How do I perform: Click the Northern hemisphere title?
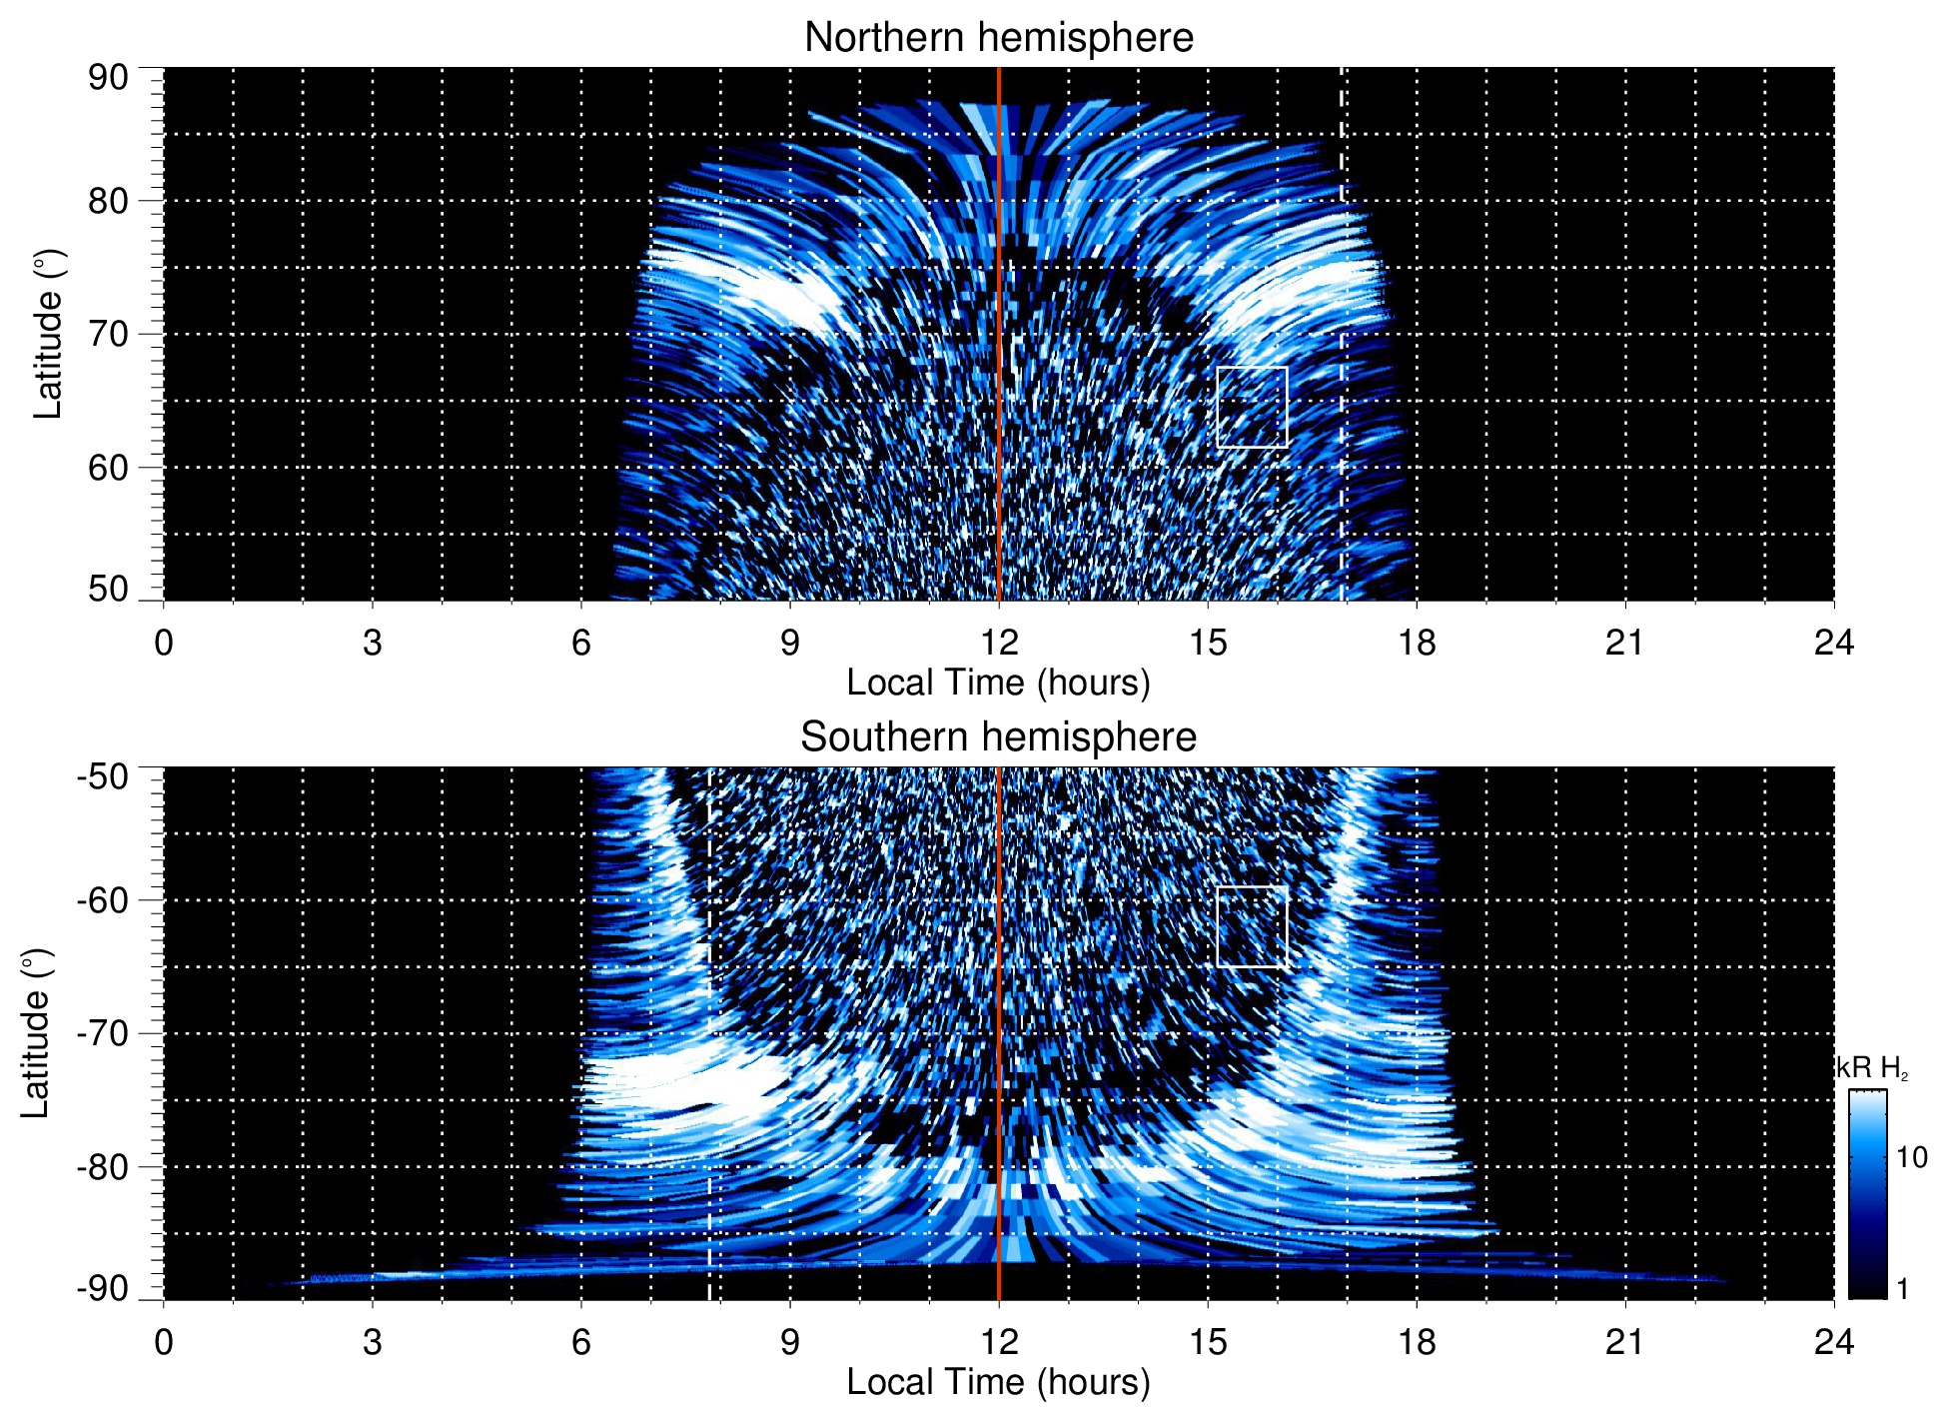[998, 38]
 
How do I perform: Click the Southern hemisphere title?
[998, 737]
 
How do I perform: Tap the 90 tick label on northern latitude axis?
[108, 78]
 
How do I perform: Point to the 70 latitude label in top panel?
[108, 334]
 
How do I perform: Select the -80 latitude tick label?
[103, 1167]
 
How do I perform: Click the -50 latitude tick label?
[103, 776]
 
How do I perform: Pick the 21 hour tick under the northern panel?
[1624, 643]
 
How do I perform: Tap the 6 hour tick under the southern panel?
[581, 1342]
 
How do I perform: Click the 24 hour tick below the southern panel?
[1833, 1342]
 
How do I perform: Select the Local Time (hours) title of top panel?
[998, 683]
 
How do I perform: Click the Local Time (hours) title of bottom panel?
[998, 1382]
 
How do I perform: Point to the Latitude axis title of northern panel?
[48, 334]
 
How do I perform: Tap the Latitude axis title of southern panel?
[36, 1033]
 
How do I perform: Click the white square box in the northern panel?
[1252, 407]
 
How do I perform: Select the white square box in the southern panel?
[1252, 926]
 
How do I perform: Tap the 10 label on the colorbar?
[1911, 1158]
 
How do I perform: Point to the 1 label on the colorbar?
[1902, 1289]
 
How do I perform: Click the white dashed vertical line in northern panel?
[1341, 300]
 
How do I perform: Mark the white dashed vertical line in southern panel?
[709, 999]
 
